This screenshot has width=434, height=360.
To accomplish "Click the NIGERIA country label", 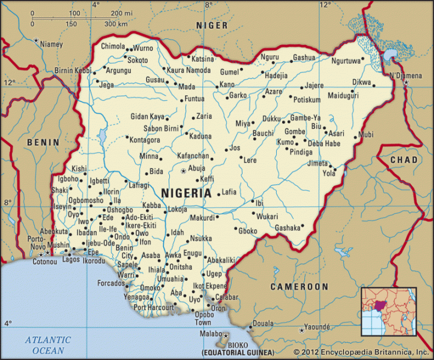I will pyautogui.click(x=186, y=193).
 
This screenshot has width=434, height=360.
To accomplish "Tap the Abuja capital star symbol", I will pyautogui.click(x=183, y=171).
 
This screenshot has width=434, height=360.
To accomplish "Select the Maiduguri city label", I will pyautogui.click(x=343, y=95).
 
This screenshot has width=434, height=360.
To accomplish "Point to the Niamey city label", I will pyautogui.click(x=51, y=44).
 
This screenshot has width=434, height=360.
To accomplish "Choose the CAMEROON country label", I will pyautogui.click(x=299, y=287).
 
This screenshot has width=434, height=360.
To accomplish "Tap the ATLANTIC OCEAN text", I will pyautogui.click(x=47, y=344).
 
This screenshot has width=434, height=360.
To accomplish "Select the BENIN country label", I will pyautogui.click(x=43, y=142).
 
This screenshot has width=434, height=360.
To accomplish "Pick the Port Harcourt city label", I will pyautogui.click(x=153, y=307).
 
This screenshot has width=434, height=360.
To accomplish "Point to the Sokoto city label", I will pyautogui.click(x=138, y=60).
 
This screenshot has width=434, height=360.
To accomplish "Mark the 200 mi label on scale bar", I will pyautogui.click(x=122, y=13).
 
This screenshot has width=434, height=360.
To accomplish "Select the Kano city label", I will pyautogui.click(x=227, y=85).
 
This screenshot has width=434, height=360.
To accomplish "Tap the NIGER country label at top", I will pyautogui.click(x=212, y=25).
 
